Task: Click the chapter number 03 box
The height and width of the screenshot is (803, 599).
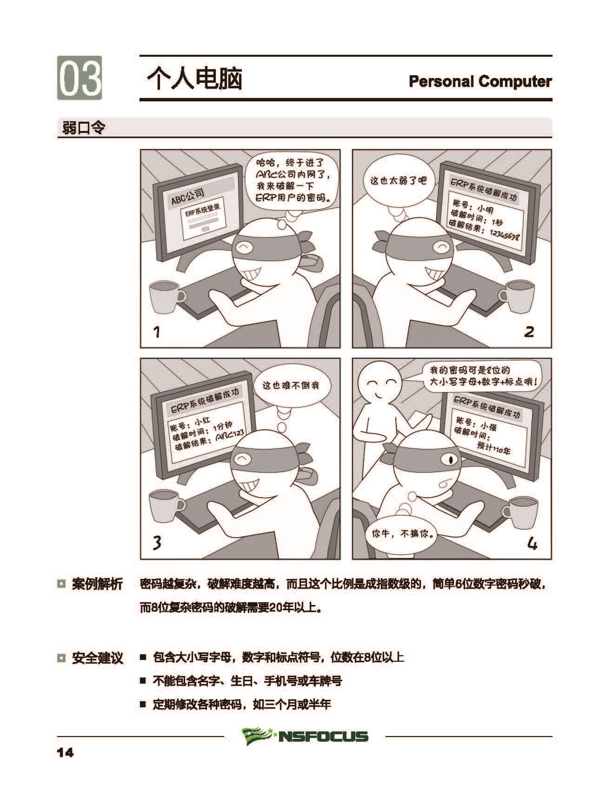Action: coord(80,78)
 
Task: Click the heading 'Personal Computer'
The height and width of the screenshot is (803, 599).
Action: coord(480,81)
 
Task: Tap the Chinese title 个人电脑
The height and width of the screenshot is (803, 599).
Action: coord(195,79)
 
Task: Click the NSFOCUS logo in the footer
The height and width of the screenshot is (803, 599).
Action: coord(305,736)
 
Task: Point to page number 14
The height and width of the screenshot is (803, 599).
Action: coord(65,752)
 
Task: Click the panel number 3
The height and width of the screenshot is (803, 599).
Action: coord(157,542)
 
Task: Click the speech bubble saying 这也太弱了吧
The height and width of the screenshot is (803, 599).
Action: coord(398,180)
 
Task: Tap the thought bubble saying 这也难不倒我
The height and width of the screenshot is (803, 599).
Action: coord(291,385)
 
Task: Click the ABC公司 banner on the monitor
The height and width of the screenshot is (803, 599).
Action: coord(188,196)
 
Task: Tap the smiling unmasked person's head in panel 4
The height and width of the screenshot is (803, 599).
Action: coord(382,382)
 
